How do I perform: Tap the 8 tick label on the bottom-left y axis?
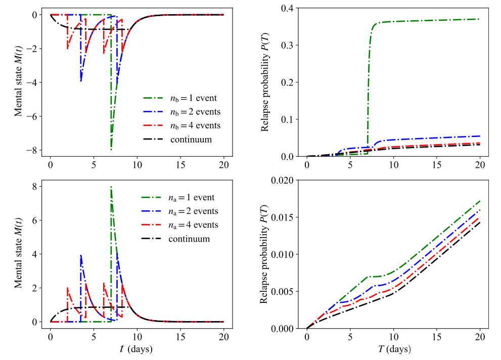pyautogui.click(x=33, y=187)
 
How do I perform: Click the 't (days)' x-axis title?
pyautogui.click(x=136, y=349)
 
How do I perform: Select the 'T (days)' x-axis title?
pyautogui.click(x=393, y=349)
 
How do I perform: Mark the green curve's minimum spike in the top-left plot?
pyautogui.click(x=111, y=150)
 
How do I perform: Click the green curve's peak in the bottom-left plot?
pyautogui.click(x=111, y=187)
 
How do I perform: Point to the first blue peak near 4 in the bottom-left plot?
pyautogui.click(x=81, y=255)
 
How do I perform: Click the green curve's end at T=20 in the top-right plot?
pyautogui.click(x=479, y=19)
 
